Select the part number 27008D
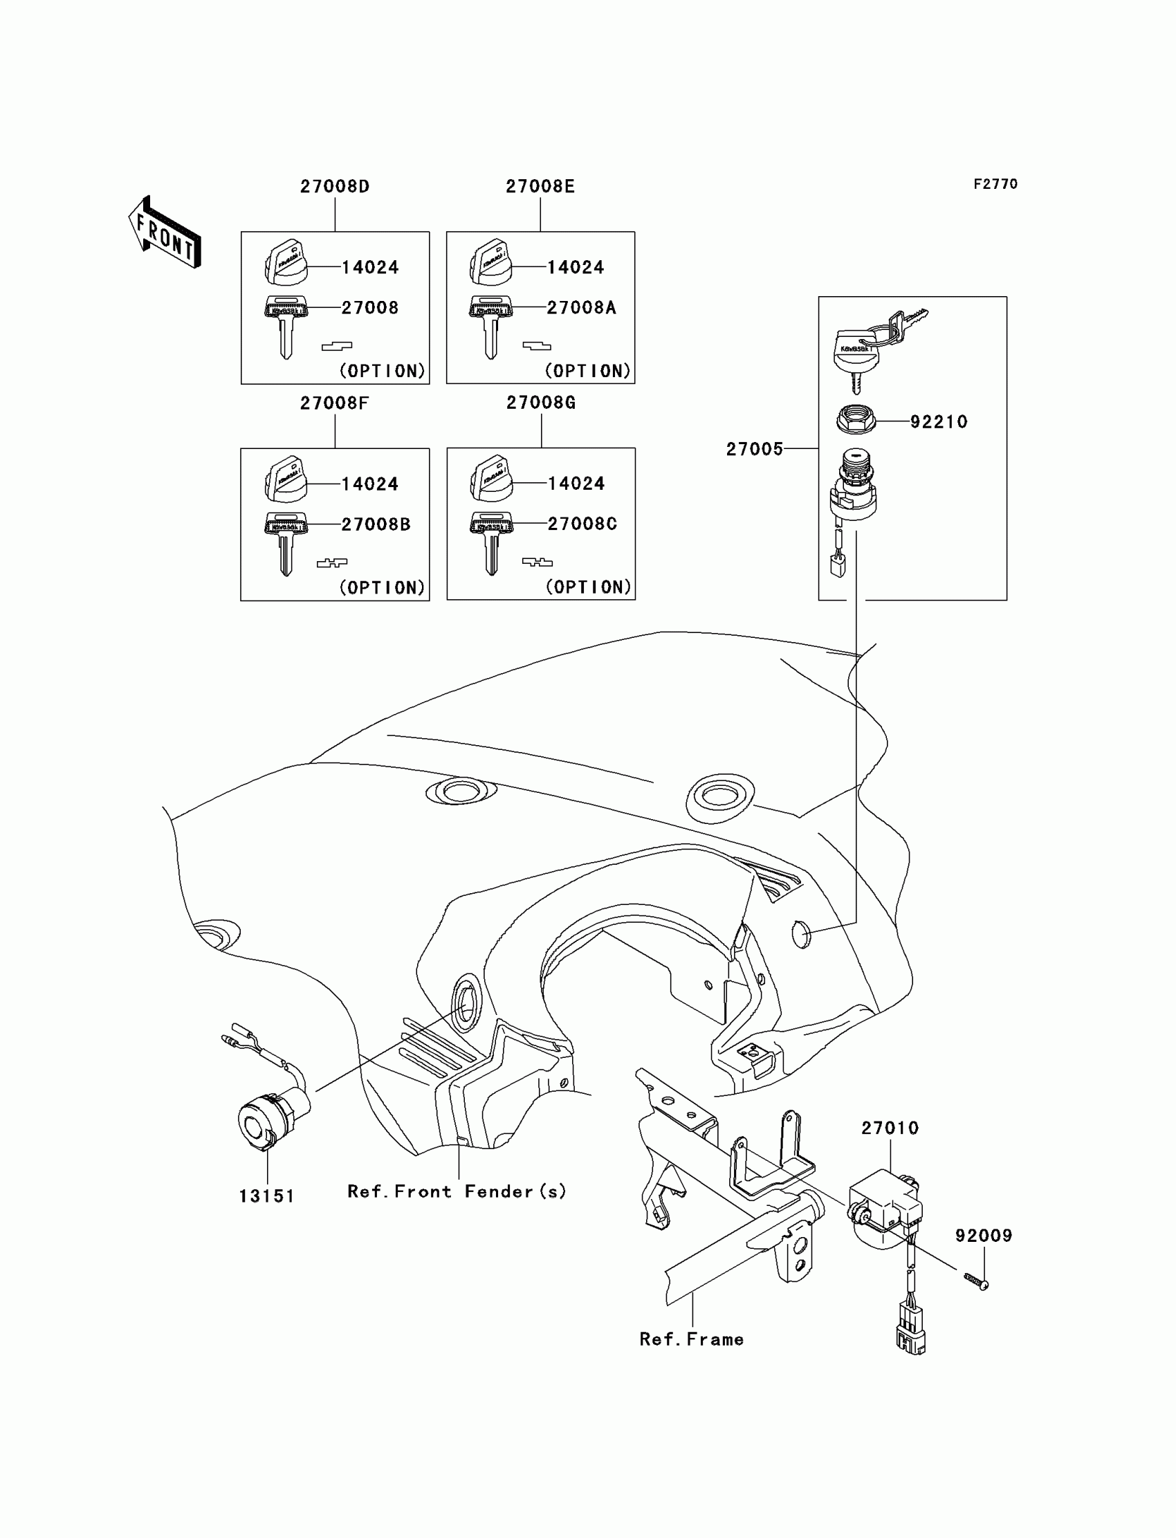pyautogui.click(x=335, y=187)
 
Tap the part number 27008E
pyautogui.click(x=540, y=187)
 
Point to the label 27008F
pyautogui.click(x=334, y=403)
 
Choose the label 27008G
pyautogui.click(x=540, y=403)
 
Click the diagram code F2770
pyautogui.click(x=995, y=184)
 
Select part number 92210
pyautogui.click(x=938, y=421)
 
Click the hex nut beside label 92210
pyautogui.click(x=856, y=420)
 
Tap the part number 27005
pyautogui.click(x=754, y=449)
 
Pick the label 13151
pyautogui.click(x=267, y=1196)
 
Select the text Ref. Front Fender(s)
pyautogui.click(x=457, y=1191)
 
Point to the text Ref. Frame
pyautogui.click(x=691, y=1339)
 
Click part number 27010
pyautogui.click(x=889, y=1128)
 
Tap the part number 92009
pyautogui.click(x=983, y=1236)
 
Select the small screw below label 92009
pyautogui.click(x=976, y=1281)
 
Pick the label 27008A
pyautogui.click(x=581, y=308)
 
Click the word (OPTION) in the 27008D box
pyautogui.click(x=382, y=371)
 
